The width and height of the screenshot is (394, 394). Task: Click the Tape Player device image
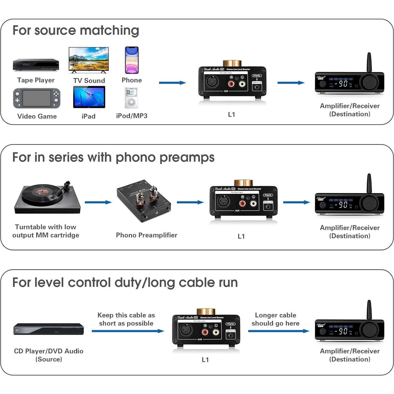36,65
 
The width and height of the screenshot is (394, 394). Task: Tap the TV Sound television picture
89,60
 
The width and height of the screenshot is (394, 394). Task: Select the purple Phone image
132,60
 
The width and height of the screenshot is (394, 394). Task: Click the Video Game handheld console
37,98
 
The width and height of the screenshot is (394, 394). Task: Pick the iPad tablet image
89,97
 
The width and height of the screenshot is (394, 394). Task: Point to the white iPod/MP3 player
131,98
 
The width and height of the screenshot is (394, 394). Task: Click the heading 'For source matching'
76,30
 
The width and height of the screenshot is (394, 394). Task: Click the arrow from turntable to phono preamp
98,202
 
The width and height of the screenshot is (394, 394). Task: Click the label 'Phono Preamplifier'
147,235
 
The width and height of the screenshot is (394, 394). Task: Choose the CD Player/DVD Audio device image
49,329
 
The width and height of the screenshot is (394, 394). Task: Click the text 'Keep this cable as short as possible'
126,319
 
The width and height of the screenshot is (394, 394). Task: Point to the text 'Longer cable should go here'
275,319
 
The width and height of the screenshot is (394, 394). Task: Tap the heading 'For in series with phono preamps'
113,157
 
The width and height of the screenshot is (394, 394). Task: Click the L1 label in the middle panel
241,236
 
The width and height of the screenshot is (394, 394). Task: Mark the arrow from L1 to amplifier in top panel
291,83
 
